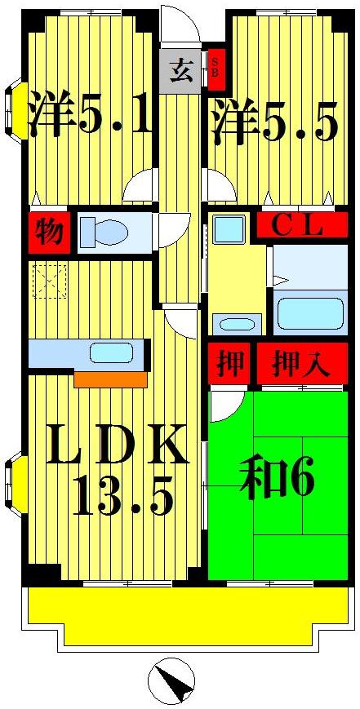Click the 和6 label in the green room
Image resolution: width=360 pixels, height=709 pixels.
278,481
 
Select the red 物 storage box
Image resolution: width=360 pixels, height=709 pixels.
49,233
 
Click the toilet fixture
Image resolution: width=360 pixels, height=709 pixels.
104,232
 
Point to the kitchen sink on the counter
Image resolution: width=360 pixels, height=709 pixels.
112,353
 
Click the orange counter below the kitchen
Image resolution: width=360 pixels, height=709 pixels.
110,379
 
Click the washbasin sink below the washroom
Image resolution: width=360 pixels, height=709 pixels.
238,323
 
